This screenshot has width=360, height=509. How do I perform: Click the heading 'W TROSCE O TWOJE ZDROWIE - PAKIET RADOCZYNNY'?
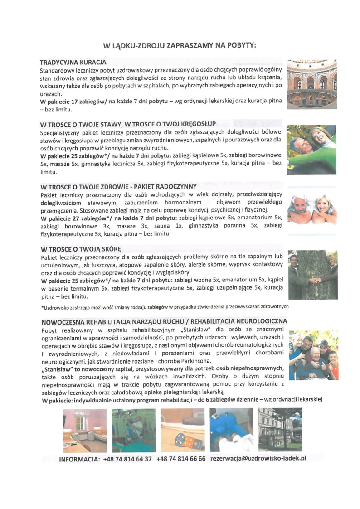coord(118,186)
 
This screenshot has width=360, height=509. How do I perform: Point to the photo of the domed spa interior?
coord(312,83)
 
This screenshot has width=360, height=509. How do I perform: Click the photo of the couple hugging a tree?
coord(312,274)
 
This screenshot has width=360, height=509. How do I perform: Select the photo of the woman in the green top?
coord(312,149)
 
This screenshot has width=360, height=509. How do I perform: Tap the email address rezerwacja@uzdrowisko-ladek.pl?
coord(258,458)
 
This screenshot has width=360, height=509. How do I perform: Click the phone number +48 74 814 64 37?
coord(127,459)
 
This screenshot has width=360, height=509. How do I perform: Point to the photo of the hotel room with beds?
coord(84,430)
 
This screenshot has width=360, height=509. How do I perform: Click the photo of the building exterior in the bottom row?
coord(279,430)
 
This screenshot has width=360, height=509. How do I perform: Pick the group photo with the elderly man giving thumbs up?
coord(313,355)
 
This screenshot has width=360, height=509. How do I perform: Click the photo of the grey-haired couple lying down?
coord(312,210)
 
